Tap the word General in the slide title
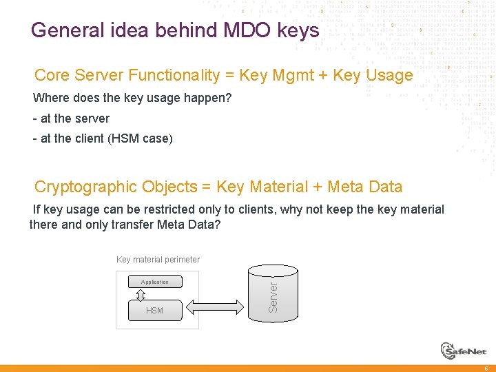[64, 31]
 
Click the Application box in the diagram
[155, 282]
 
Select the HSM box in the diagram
[155, 311]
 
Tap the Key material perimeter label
[158, 260]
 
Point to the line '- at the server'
[71, 118]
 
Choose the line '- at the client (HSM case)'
[103, 138]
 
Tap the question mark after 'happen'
[229, 98]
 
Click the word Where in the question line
[49, 98]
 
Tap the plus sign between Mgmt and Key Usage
[322, 75]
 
